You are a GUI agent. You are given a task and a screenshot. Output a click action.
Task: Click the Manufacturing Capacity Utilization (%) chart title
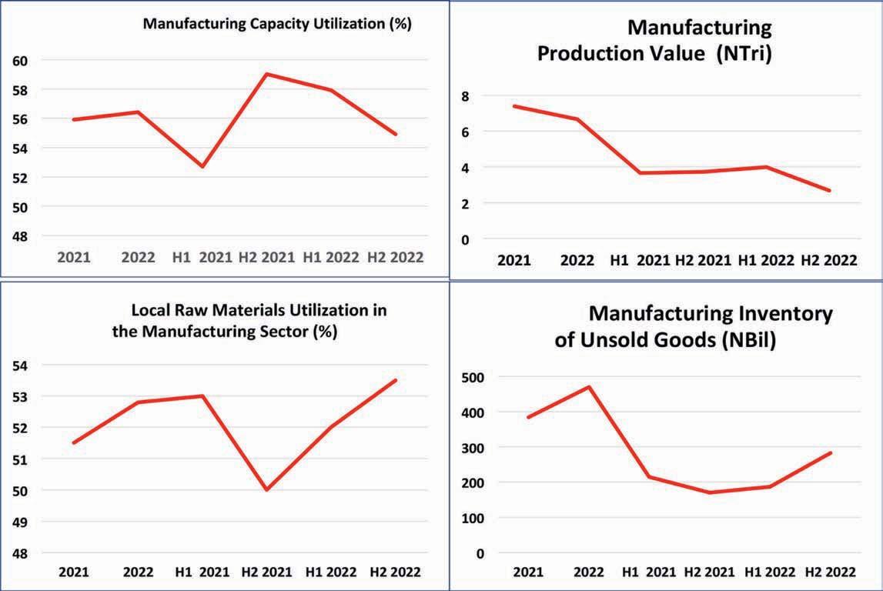coord(277,24)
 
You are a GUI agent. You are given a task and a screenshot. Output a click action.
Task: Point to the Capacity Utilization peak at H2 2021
coord(266,74)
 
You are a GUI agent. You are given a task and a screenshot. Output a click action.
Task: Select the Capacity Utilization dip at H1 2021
coord(202,166)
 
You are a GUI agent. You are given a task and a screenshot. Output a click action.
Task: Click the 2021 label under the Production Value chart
coord(514,260)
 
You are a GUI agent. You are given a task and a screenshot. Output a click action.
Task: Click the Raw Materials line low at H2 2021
coord(266,489)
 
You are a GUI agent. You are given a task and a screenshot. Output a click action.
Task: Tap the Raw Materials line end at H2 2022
coord(396,380)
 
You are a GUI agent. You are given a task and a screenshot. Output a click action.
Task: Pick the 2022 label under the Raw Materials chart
coord(138,573)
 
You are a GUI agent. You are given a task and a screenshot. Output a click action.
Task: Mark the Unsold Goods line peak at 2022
coord(590,386)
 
